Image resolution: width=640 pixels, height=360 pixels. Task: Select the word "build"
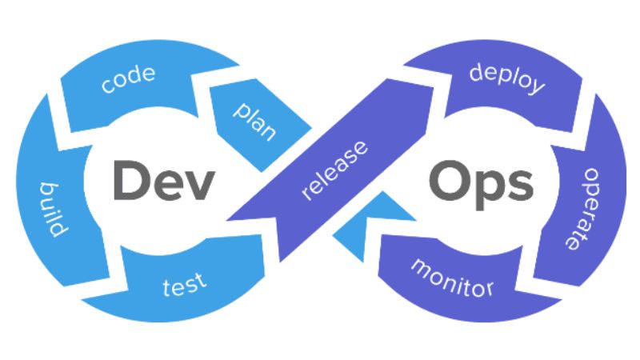tap(53, 209)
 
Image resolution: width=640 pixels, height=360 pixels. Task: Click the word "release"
tap(336, 170)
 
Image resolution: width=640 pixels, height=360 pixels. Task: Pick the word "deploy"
tap(507, 78)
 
